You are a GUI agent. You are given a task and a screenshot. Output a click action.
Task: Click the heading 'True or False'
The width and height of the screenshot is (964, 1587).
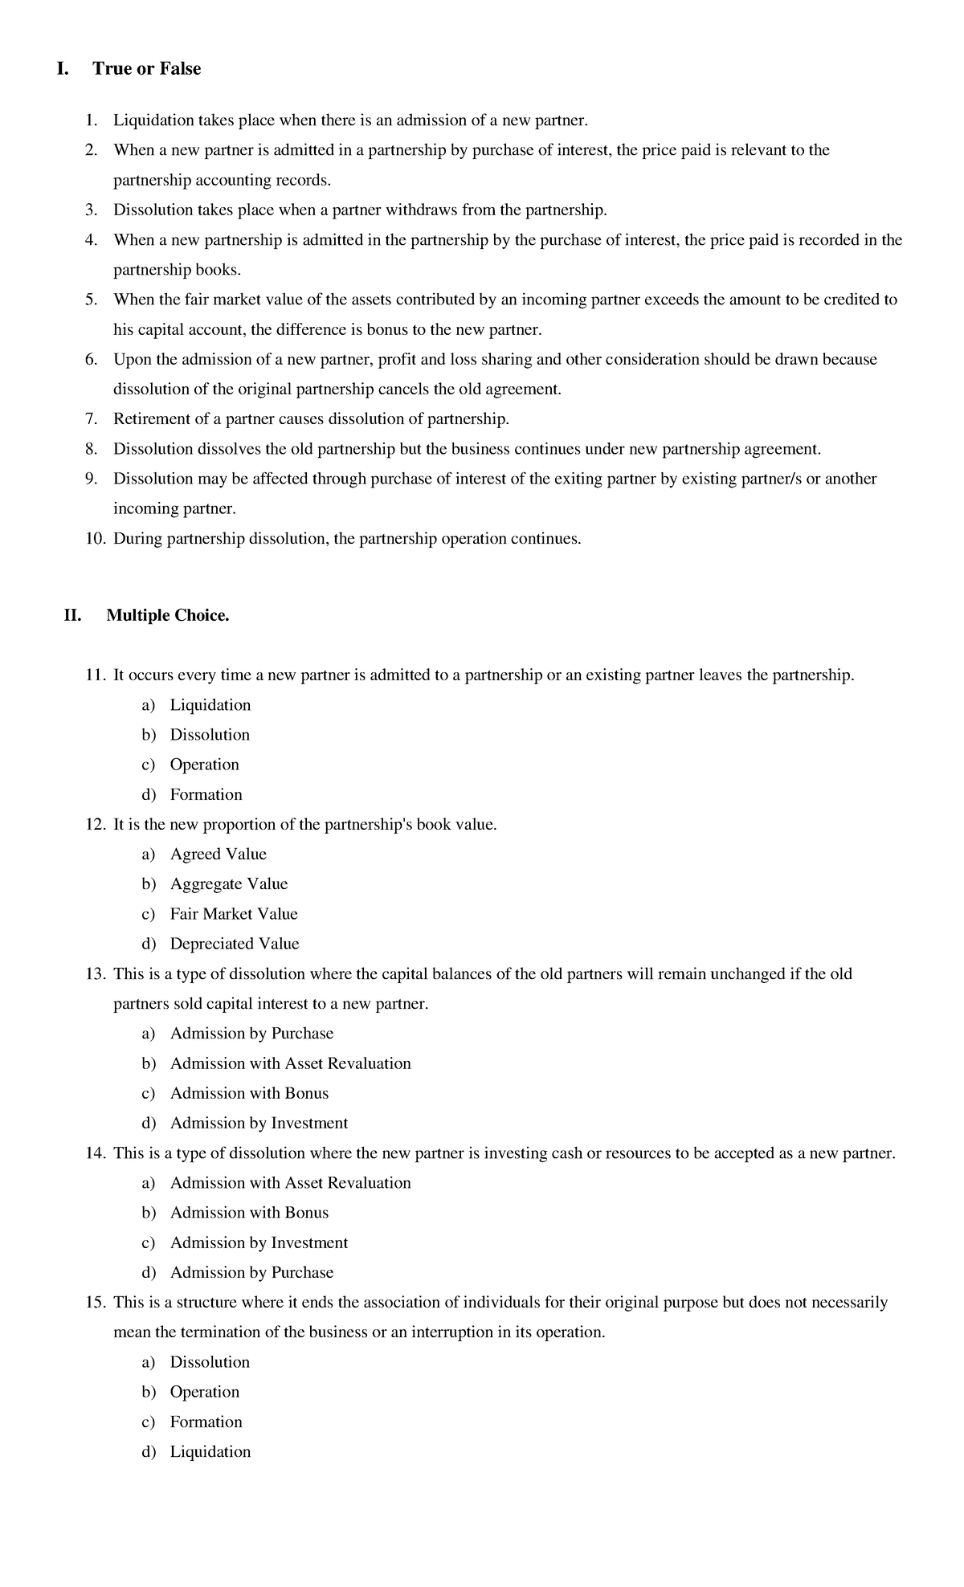(x=146, y=69)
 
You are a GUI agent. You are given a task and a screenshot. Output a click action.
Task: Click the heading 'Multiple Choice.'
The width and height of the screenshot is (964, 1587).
(x=168, y=616)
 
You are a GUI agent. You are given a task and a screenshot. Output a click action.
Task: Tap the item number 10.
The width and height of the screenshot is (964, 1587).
(x=95, y=539)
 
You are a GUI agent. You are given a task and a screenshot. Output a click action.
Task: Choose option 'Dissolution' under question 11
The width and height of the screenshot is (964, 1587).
(x=210, y=735)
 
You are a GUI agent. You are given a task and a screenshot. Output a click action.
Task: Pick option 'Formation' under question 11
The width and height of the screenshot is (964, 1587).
(x=206, y=795)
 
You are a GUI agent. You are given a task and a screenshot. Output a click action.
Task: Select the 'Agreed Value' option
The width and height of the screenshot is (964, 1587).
(x=218, y=855)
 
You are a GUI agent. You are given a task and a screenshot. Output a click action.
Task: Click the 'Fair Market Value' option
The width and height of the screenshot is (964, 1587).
(x=234, y=914)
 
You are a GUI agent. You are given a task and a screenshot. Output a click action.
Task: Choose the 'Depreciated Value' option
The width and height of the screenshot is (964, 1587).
(x=235, y=944)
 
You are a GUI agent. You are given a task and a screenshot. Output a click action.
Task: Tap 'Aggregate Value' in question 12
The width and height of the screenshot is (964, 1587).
(x=229, y=884)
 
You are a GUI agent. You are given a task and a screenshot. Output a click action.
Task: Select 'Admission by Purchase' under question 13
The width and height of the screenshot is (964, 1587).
(x=251, y=1034)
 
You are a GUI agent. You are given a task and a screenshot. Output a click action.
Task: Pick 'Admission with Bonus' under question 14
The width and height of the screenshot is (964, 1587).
(x=249, y=1213)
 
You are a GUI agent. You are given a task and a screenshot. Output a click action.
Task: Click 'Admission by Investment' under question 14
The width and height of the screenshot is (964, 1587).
(x=259, y=1243)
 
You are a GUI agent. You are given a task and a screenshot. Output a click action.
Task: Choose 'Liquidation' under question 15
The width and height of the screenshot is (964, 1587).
(x=210, y=1452)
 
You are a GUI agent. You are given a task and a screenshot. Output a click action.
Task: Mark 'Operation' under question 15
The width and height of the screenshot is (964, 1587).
(x=205, y=1392)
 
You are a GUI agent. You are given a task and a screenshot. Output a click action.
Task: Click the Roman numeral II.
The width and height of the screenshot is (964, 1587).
(x=73, y=616)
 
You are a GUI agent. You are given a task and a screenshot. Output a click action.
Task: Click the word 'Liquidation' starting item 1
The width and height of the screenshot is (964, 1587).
(x=153, y=121)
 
